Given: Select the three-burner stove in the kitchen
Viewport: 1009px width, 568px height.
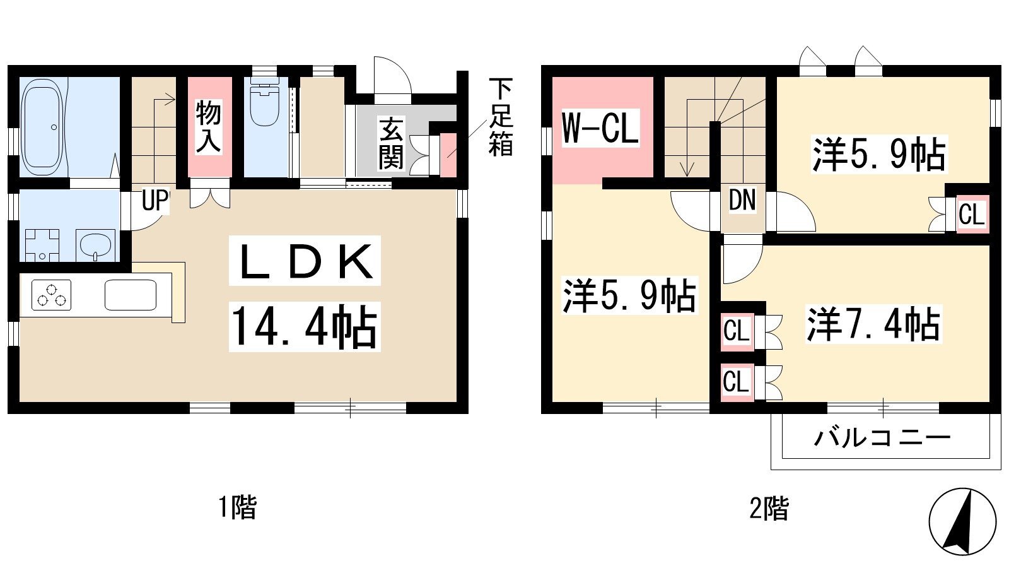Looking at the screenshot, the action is click(x=51, y=295).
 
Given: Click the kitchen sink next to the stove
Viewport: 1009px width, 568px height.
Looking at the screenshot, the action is click(x=131, y=295).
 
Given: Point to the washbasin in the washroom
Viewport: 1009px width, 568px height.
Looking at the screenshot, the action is click(x=95, y=246).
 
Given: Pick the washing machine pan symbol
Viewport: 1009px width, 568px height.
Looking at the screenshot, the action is click(x=42, y=246).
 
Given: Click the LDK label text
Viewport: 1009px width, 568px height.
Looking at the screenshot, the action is click(x=305, y=261).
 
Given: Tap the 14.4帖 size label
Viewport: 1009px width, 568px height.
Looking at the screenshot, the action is click(x=305, y=327).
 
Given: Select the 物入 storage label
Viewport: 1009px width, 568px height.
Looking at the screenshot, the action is click(x=209, y=126).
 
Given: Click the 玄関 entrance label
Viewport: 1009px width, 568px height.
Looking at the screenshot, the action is click(x=391, y=143).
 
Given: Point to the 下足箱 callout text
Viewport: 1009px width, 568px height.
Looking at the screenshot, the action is click(x=501, y=117).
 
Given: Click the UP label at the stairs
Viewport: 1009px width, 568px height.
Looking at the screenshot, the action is click(x=155, y=201).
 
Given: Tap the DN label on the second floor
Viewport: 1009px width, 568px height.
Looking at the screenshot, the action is click(x=742, y=200).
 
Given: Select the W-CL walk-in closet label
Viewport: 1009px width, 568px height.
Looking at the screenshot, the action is click(x=600, y=127).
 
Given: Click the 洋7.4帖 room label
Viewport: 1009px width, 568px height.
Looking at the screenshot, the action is click(x=873, y=324).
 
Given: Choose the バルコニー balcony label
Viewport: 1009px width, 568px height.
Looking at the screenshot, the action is click(x=882, y=438).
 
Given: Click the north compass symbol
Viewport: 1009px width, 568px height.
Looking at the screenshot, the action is click(x=962, y=522).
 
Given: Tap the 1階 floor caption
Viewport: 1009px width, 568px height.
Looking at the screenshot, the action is click(x=238, y=507).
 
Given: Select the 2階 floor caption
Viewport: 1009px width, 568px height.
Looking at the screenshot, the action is click(x=769, y=509).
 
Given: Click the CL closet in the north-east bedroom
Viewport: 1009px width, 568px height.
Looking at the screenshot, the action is click(x=972, y=215).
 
